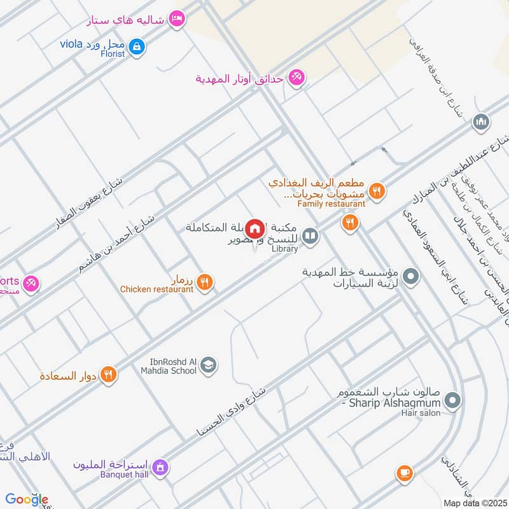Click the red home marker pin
click(255, 228)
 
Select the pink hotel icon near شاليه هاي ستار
click(178, 19)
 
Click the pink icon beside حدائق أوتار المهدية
click(296, 78)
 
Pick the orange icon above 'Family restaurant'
click(377, 190)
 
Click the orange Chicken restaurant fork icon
click(204, 282)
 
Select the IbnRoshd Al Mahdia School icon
click(207, 365)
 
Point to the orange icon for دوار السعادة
click(109, 375)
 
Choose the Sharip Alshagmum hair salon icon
click(452, 400)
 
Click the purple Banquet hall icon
click(162, 468)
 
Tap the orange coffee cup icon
click(404, 473)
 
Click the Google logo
click(27, 499)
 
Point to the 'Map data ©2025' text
click(473, 503)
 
